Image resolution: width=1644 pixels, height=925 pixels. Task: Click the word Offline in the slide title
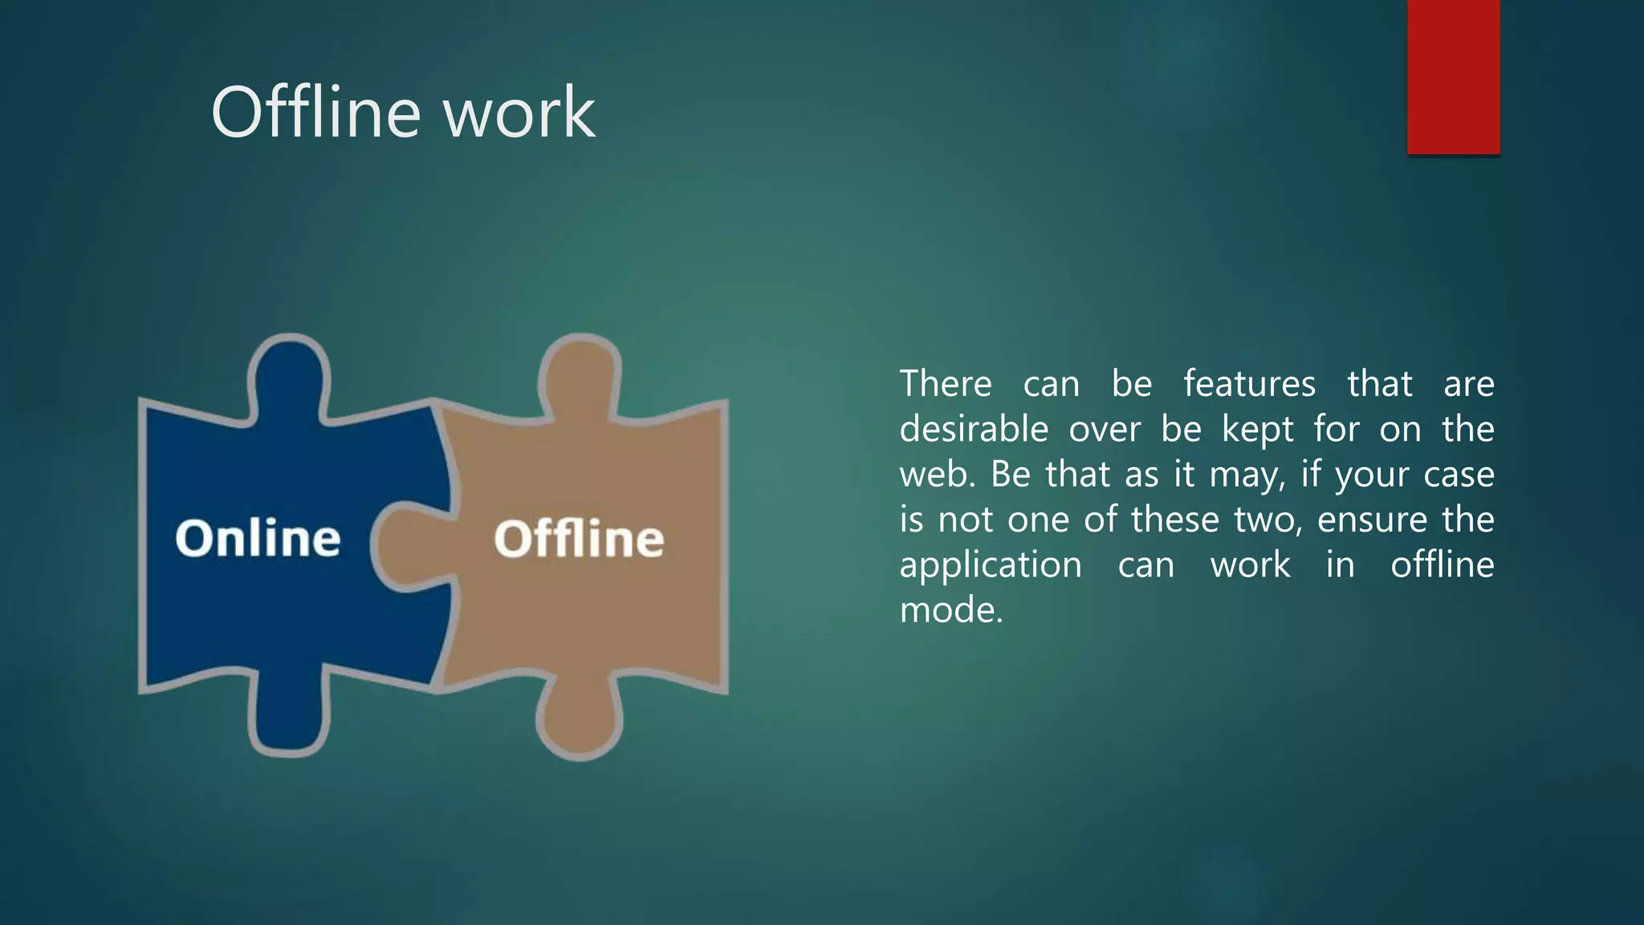pyautogui.click(x=315, y=112)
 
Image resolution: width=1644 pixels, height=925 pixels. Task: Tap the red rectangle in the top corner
pyautogui.click(x=1453, y=76)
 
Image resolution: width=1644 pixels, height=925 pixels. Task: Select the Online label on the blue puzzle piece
pyautogui.click(x=258, y=538)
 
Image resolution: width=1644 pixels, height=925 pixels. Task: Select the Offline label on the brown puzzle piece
pyautogui.click(x=579, y=538)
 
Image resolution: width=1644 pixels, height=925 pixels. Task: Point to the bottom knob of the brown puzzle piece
pyautogui.click(x=580, y=720)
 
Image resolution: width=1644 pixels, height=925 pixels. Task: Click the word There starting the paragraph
pyautogui.click(x=945, y=384)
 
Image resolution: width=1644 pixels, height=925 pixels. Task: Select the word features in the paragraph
pyautogui.click(x=1249, y=384)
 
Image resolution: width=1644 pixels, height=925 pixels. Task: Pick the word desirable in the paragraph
pyautogui.click(x=974, y=430)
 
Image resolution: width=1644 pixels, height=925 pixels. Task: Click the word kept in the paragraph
pyautogui.click(x=1257, y=430)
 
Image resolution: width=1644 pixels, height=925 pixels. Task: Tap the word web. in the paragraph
pyautogui.click(x=936, y=475)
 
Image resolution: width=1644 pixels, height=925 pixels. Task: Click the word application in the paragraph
pyautogui.click(x=991, y=565)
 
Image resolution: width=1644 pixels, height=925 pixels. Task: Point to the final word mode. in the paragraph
pyautogui.click(x=951, y=610)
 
